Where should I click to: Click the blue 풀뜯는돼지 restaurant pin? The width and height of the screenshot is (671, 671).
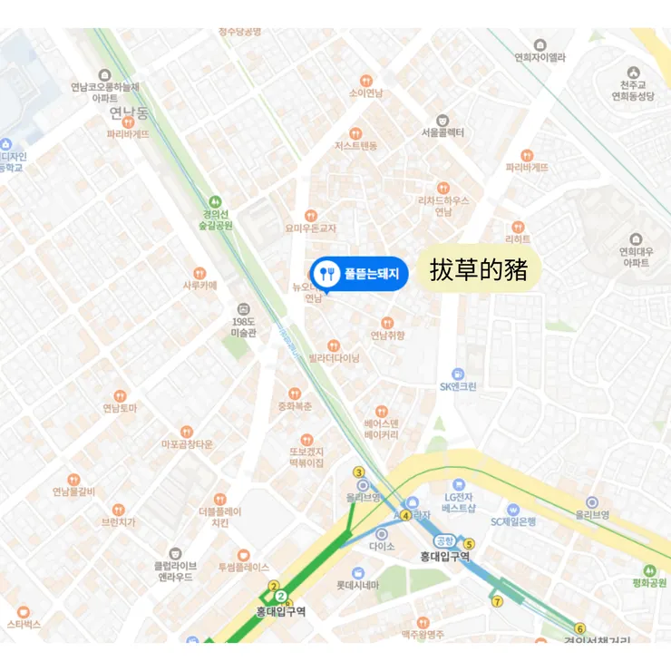(359, 273)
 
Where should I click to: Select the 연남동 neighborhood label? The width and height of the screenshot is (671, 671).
(128, 113)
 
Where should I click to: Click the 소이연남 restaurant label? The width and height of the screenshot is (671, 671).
(365, 92)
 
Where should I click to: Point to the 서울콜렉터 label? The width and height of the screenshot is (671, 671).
(442, 131)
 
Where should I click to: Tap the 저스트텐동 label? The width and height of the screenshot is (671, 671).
(355, 145)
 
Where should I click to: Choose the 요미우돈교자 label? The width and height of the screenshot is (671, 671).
(310, 228)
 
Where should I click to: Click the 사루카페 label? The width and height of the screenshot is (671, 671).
(200, 284)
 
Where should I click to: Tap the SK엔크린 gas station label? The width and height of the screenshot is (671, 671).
(458, 385)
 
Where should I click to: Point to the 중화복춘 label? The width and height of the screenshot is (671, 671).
(295, 405)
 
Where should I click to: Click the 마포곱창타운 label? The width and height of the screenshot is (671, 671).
(187, 443)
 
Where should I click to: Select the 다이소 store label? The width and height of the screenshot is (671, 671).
(382, 546)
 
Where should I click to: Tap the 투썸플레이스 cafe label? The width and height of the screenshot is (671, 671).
(243, 567)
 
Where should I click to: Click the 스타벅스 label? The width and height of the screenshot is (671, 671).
(24, 624)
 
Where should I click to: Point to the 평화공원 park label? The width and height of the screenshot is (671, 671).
(649, 581)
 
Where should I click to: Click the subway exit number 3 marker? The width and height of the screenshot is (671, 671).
(359, 472)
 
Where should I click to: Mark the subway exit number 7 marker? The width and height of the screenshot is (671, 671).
(497, 601)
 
